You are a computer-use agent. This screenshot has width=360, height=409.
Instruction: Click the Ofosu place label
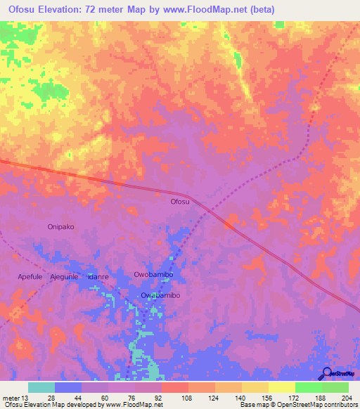pyautogui.click(x=180, y=202)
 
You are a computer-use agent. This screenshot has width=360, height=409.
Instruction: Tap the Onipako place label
pyautogui.click(x=60, y=227)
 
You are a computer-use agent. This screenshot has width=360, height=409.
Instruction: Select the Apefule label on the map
pyautogui.click(x=31, y=277)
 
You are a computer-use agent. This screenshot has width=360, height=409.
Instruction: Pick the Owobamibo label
pyautogui.click(x=153, y=274)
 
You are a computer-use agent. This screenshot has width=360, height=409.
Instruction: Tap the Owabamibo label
pyautogui.click(x=160, y=295)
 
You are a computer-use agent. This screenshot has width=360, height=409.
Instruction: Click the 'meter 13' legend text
pyautogui.click(x=15, y=398)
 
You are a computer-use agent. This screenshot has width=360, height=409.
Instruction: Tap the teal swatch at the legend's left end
pyautogui.click(x=41, y=387)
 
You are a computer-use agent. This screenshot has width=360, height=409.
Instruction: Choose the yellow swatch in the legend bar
pyautogui.click(x=281, y=387)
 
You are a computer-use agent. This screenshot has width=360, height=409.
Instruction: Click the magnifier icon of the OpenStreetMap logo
pyautogui.click(x=326, y=373)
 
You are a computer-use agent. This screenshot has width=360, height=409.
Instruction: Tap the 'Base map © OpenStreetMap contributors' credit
pyautogui.click(x=297, y=405)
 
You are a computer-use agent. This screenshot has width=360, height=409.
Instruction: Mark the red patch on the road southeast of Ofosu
pyautogui.click(x=229, y=224)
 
